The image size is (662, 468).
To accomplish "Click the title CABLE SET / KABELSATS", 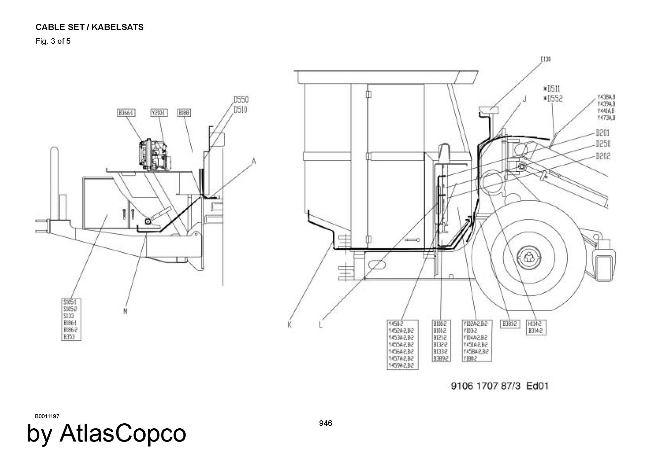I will tap(89, 27).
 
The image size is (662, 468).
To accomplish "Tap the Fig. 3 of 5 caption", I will tap(53, 41).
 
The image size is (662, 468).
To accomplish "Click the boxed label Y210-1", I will tap(159, 113).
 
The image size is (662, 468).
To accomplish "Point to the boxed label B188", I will tap(184, 113).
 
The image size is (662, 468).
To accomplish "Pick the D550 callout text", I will tap(241, 100).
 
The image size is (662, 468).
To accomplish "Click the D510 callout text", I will tap(241, 109).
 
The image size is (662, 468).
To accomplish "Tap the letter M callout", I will tap(125, 311).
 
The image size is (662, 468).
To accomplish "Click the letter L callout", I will tap(321, 325).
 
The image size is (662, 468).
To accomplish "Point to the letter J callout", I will tap(524, 99).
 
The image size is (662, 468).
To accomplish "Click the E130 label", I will tap(546, 59).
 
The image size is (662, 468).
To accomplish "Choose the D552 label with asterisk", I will tap(553, 99).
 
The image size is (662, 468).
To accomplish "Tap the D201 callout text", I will tap(603, 133).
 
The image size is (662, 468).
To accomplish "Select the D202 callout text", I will tap(603, 156).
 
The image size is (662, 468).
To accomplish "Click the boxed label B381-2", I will tap(510, 324).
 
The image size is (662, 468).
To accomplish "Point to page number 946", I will tap(326, 423).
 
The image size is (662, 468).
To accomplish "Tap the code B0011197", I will tap(47, 416).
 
